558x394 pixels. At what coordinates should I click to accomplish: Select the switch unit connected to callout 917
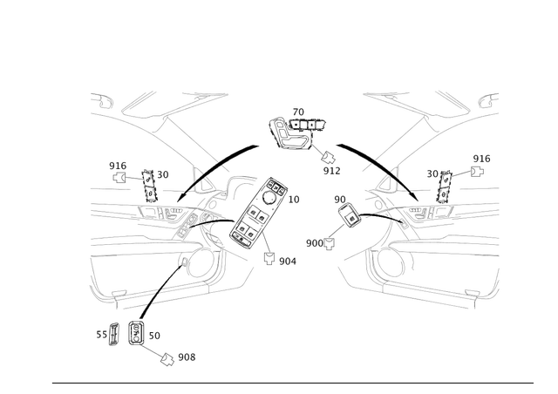coord(283,132)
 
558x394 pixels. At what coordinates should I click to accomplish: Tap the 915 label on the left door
coord(113,164)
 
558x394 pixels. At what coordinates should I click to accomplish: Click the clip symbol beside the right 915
coord(479,172)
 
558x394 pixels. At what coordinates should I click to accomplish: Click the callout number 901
coord(287,261)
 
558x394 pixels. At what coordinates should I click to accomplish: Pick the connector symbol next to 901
coord(269,258)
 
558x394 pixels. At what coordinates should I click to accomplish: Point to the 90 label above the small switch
coord(338,199)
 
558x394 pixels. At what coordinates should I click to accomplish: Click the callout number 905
coord(186,357)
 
